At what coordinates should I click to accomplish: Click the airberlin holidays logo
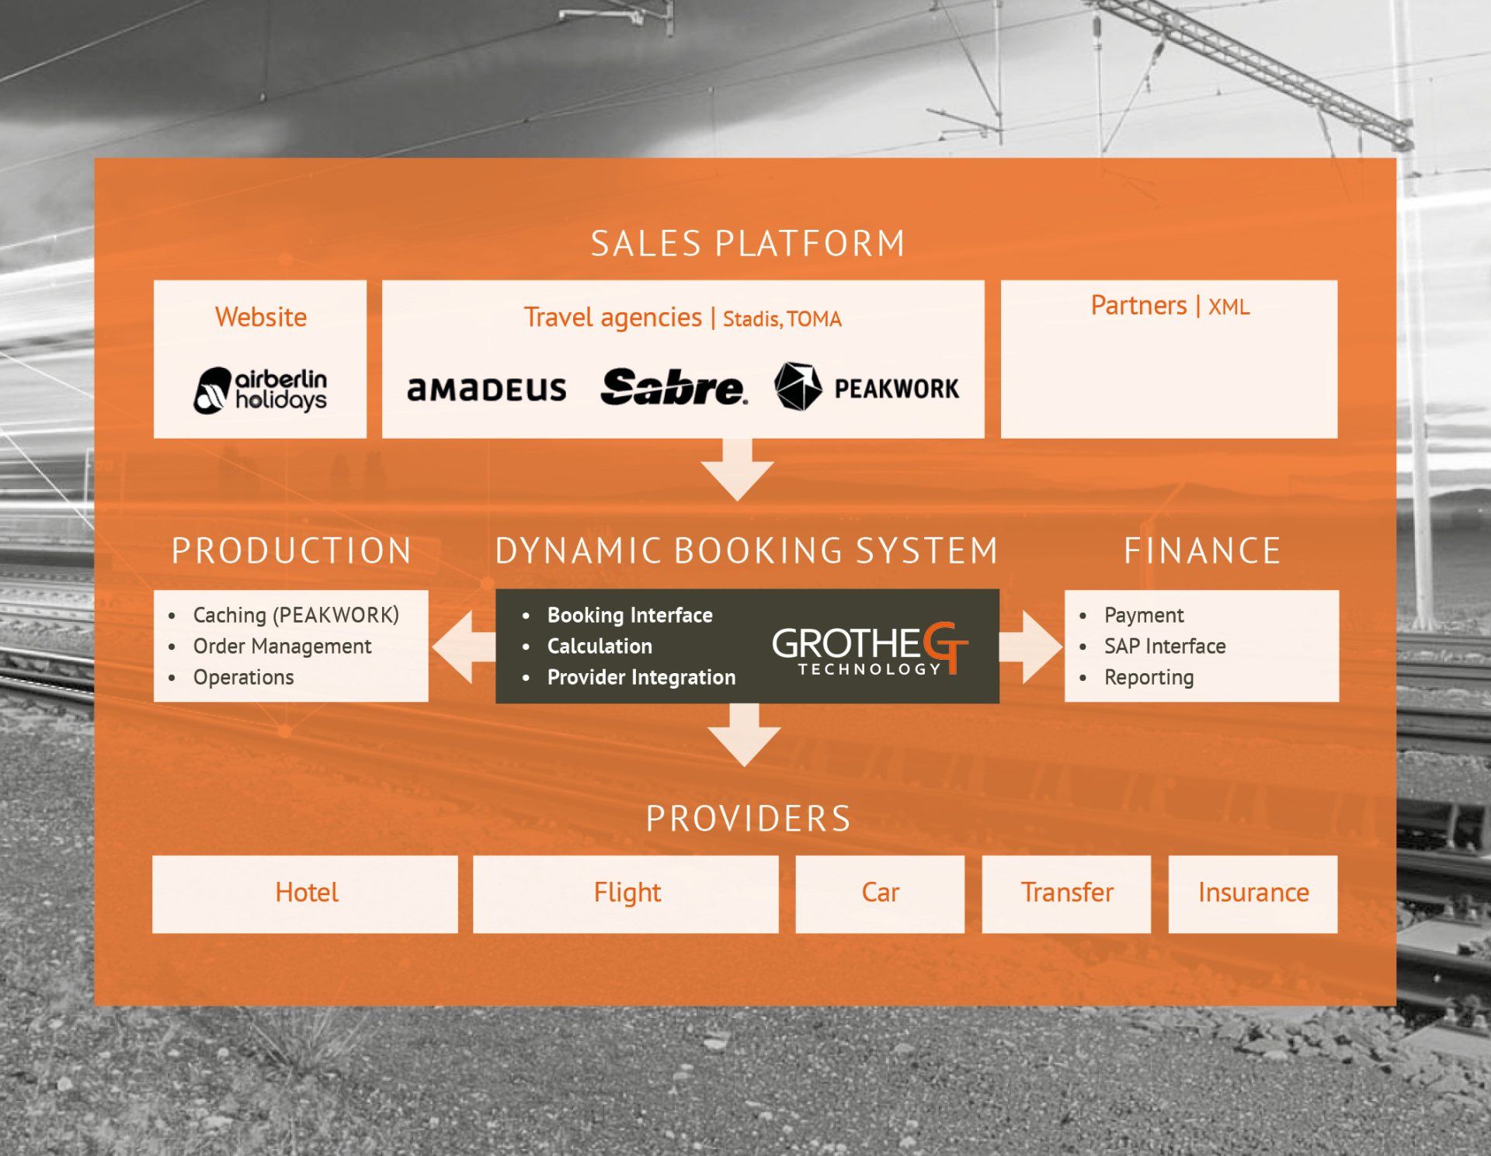[x=260, y=390]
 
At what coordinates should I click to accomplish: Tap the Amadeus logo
[x=487, y=389]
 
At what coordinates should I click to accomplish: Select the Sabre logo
[x=673, y=387]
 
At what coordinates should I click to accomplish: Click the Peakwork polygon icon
[x=798, y=386]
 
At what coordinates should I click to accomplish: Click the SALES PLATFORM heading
[x=748, y=244]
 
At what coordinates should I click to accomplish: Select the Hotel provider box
[x=305, y=894]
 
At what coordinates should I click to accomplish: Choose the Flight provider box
[x=626, y=894]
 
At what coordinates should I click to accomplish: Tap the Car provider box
[x=880, y=894]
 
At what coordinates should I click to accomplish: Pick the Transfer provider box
[x=1066, y=894]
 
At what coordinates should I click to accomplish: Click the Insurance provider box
[x=1253, y=894]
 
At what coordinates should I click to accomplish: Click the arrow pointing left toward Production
[x=463, y=647]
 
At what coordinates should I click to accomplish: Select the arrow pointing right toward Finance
[x=1031, y=647]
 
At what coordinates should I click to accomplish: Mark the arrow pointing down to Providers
[x=745, y=734]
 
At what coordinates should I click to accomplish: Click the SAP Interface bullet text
[x=1165, y=646]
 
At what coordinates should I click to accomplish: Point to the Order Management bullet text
[x=282, y=646]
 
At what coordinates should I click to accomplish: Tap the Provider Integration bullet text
[x=641, y=677]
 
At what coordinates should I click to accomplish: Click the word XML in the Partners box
[x=1229, y=307]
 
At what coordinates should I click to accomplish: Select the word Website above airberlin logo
[x=261, y=317]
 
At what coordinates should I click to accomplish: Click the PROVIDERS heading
[x=748, y=819]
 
